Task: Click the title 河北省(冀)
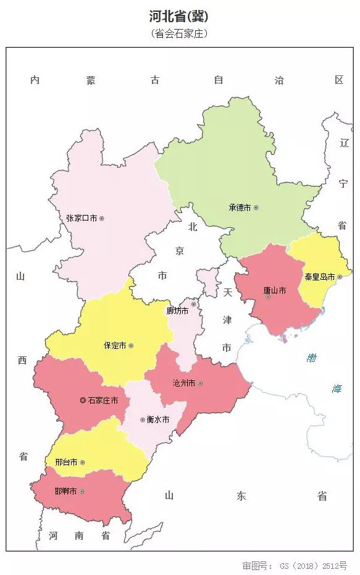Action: coord(179,17)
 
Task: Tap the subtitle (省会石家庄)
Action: coord(179,34)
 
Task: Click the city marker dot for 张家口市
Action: coord(102,218)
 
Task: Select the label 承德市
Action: coord(239,208)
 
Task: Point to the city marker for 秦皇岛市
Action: coord(339,277)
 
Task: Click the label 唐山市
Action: coord(274,290)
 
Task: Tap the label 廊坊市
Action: coord(178,311)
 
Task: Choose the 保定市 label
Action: coord(115,346)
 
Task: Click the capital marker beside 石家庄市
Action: coord(83,400)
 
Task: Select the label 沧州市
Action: coord(184,384)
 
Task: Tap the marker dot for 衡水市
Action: coord(143,419)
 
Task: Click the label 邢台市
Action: coord(65,462)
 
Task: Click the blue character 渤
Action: coord(312,358)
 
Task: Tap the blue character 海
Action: coord(337,388)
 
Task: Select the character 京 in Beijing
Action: coord(180,251)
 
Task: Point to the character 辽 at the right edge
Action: coord(344,143)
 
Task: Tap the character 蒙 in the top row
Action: coord(91,80)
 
